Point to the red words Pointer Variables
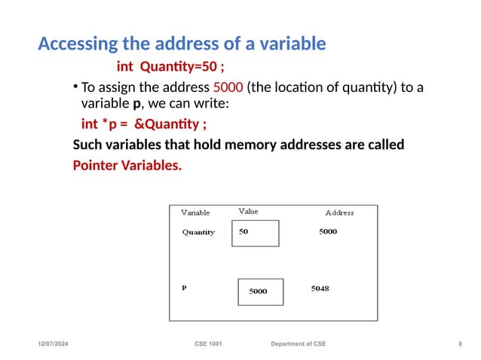[127, 164]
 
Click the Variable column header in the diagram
[195, 213]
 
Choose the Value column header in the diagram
[248, 212]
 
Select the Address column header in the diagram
[339, 213]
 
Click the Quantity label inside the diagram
[198, 232]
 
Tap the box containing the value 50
[255, 233]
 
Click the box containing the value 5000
[260, 291]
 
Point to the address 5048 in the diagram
[320, 288]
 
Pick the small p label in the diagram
[184, 287]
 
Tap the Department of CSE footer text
[299, 344]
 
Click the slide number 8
[460, 344]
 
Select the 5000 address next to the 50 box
[328, 232]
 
